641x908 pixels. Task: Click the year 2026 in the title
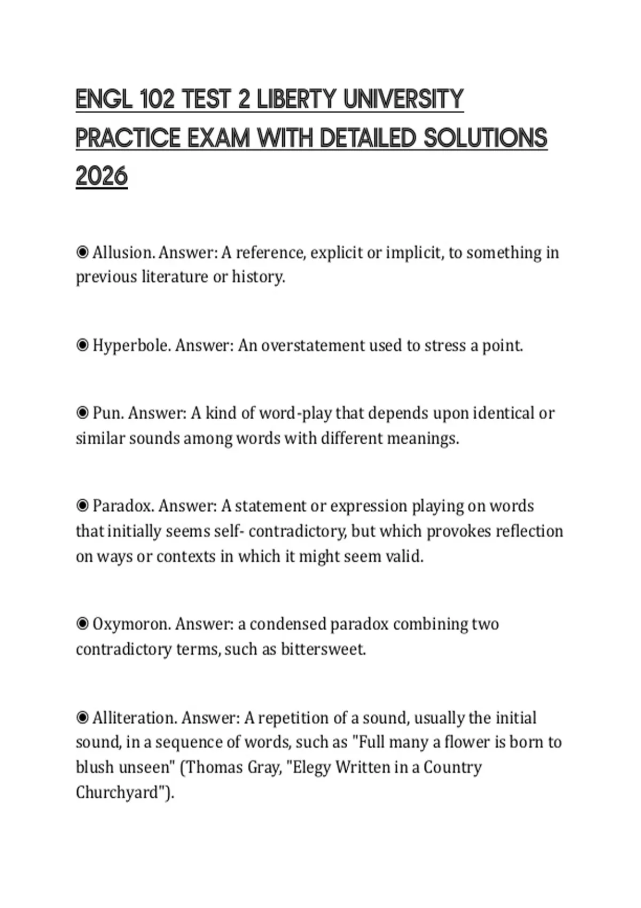click(101, 176)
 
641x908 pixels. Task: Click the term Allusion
click(123, 252)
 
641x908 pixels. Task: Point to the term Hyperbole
click(131, 346)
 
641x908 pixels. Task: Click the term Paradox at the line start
click(123, 506)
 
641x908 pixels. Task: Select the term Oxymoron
click(131, 624)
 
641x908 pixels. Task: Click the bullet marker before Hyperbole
click(82, 346)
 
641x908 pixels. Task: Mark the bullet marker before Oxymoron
click(82, 624)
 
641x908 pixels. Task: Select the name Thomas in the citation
click(214, 768)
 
